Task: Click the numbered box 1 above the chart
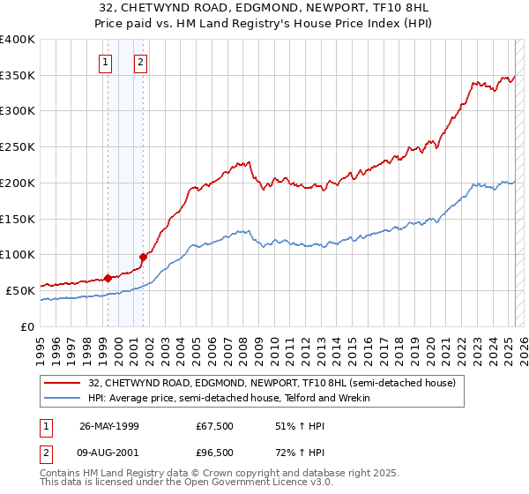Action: (106, 62)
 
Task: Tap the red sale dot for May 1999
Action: (108, 278)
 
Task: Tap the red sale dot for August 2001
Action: (142, 257)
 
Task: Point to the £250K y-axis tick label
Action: (18, 147)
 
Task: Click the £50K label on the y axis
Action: (20, 290)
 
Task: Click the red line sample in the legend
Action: (63, 383)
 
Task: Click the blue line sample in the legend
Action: (63, 399)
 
